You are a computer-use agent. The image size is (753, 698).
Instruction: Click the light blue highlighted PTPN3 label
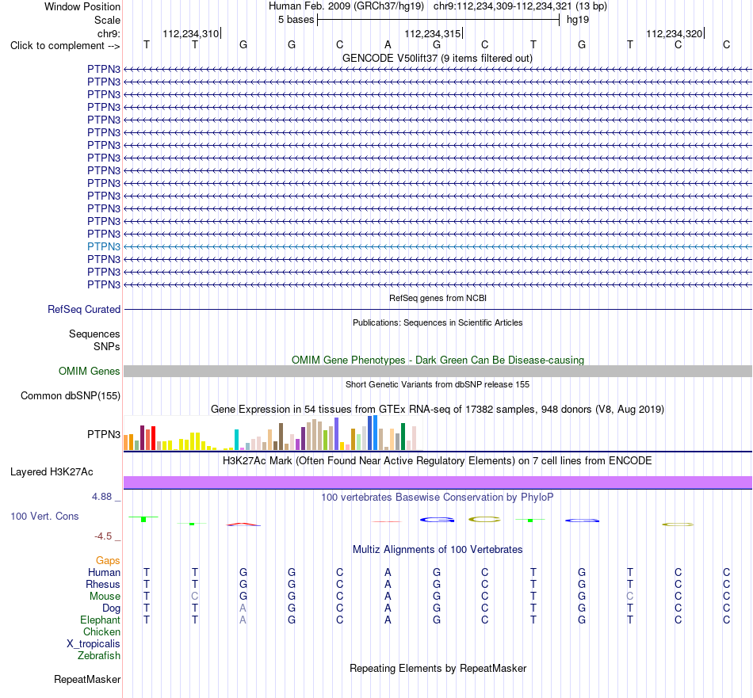104,246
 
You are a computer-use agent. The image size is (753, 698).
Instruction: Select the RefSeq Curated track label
84,310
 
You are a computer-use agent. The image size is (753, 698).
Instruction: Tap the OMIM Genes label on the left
90,371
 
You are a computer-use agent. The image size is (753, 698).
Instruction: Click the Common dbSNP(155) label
71,396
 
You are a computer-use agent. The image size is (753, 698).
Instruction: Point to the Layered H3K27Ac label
52,472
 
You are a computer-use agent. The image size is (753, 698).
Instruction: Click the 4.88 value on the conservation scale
101,497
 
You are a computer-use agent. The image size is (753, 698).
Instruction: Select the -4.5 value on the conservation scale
103,536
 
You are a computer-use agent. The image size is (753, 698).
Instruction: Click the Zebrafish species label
99,656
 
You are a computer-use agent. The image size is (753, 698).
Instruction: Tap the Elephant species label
101,620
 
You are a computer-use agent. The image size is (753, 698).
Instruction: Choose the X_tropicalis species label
94,644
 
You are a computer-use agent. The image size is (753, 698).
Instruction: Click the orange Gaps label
108,561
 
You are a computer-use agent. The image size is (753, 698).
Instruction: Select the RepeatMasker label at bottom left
87,680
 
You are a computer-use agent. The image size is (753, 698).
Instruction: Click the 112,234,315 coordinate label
432,33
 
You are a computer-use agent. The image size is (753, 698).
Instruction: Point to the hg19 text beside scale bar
578,20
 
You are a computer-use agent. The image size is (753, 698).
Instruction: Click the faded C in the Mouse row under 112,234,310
194,597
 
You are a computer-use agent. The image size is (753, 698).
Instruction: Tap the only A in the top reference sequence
388,45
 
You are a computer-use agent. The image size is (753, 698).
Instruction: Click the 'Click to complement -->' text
65,46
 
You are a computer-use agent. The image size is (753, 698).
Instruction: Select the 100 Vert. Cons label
44,517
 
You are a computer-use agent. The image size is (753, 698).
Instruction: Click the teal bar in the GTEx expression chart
236,440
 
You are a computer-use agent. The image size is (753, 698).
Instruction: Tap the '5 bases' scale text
296,20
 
